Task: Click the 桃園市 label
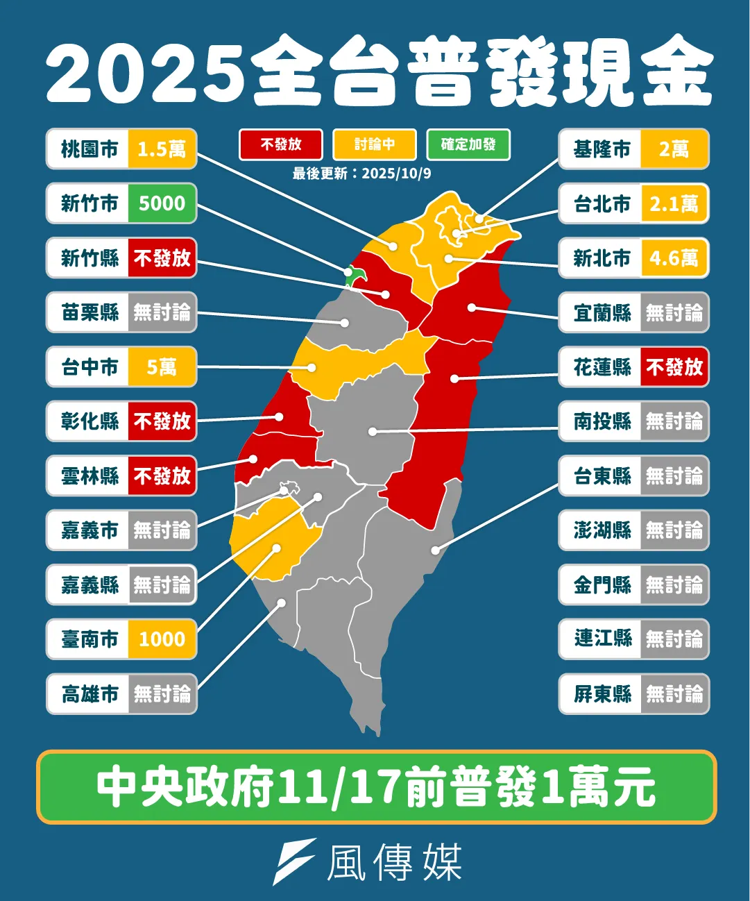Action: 89,149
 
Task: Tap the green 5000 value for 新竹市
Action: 162,203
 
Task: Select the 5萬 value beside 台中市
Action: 162,367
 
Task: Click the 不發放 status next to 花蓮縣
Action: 674,367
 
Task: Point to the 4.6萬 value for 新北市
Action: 674,258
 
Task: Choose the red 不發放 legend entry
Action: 281,144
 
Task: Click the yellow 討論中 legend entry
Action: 375,144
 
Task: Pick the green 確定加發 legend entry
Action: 468,144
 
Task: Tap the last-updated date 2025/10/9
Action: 396,174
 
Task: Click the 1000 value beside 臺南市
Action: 162,639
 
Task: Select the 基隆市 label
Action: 602,149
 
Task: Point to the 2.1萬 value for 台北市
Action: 674,204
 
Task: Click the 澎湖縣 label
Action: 602,530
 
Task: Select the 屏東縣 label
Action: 602,693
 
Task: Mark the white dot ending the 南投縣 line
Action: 373,432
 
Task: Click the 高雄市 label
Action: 89,693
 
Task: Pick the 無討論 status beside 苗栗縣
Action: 162,312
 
